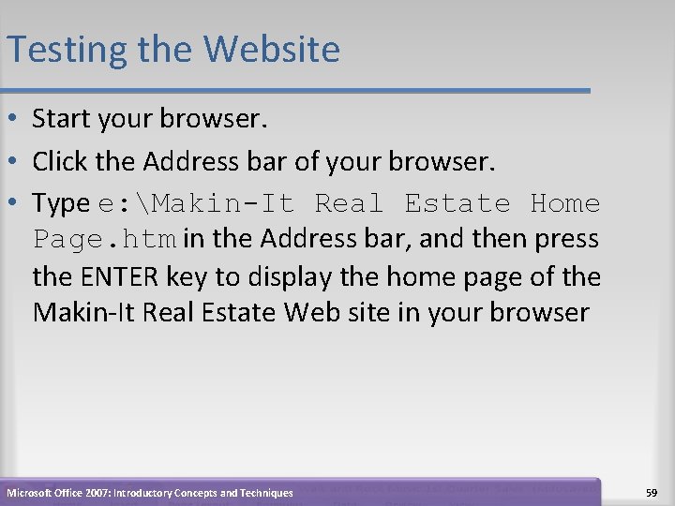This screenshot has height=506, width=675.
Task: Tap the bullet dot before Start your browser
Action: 14,120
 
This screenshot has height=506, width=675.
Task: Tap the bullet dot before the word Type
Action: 14,203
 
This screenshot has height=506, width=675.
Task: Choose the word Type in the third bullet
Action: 61,203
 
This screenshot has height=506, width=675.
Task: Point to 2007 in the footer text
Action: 96,492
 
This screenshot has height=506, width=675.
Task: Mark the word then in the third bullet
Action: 487,240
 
